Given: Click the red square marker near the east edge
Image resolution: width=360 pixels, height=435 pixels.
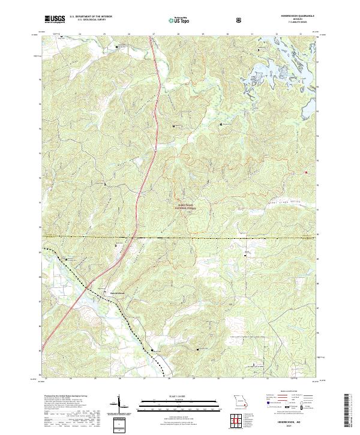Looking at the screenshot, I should pos(307,173).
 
